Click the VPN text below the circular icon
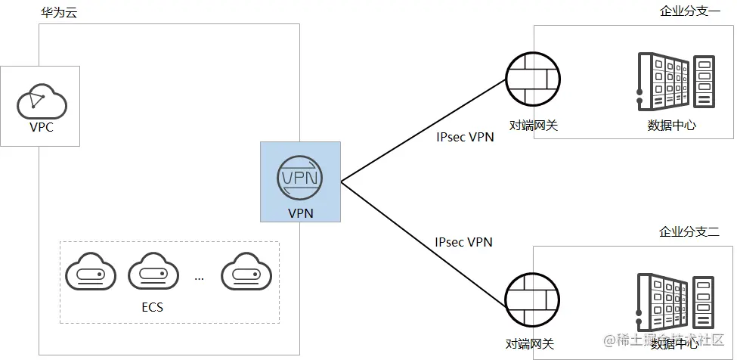[300, 214]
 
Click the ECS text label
[152, 308]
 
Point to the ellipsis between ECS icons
[199, 278]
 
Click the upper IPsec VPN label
[465, 138]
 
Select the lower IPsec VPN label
[463, 242]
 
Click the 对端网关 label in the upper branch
[533, 125]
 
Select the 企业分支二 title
[689, 231]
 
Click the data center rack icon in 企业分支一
[675, 82]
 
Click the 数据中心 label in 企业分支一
[671, 126]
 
